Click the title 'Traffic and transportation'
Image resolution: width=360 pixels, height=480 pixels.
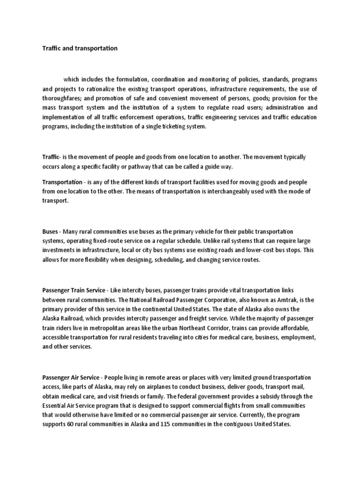[80, 48]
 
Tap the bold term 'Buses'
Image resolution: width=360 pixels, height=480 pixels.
[51, 232]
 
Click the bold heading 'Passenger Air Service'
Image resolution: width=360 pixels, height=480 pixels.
[71, 378]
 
